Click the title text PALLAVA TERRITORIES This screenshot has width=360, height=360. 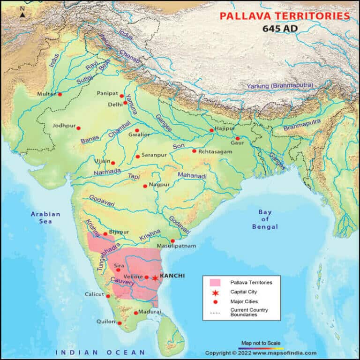tap(285, 16)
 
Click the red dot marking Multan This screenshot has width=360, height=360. tap(60, 94)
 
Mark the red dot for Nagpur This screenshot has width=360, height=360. tap(145, 186)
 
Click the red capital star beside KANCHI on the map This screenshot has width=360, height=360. tap(155, 278)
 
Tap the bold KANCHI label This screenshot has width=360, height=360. tap(172, 276)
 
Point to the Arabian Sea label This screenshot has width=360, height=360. tap(45, 217)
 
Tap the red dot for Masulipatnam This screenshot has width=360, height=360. tap(172, 241)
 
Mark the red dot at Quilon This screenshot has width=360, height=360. tap(120, 323)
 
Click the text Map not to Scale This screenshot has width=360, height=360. tap(261, 343)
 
